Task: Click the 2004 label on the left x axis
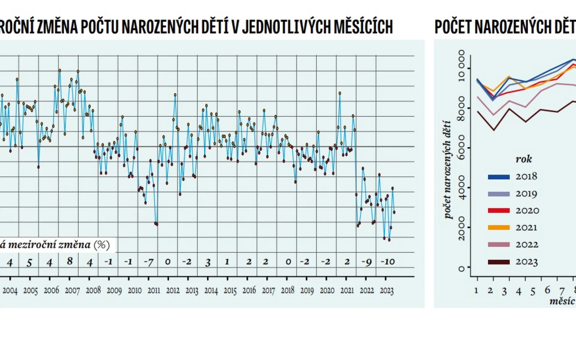coord(10,290)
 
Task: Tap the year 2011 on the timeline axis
coord(154,290)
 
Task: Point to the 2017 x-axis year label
coord(268,290)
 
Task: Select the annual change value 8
coord(70,261)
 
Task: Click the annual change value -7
coord(149,262)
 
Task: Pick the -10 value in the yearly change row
coord(388,262)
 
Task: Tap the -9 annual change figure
coord(366,262)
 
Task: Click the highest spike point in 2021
coord(339,93)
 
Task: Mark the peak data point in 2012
coord(175,95)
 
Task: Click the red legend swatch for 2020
coord(499,211)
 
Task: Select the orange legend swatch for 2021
coord(499,228)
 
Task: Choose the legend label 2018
coord(526,176)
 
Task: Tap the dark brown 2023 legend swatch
coord(499,262)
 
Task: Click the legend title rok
coord(523,159)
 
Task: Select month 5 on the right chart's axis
coord(532,292)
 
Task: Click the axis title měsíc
coord(562,301)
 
